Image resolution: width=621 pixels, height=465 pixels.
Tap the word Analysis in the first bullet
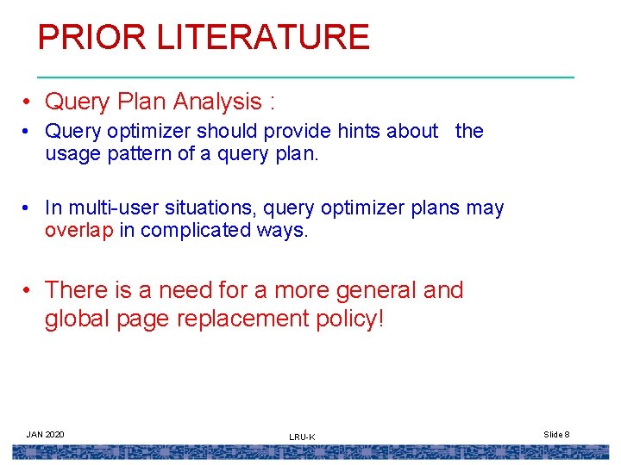click(216, 102)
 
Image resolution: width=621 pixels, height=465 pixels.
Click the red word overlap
click(79, 230)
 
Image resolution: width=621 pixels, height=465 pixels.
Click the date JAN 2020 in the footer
click(45, 434)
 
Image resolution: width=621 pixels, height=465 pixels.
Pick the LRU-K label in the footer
click(302, 437)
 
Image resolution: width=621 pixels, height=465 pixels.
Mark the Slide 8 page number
click(556, 434)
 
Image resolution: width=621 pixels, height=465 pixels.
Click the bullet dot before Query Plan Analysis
click(28, 102)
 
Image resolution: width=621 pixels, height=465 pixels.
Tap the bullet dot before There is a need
click(28, 291)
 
